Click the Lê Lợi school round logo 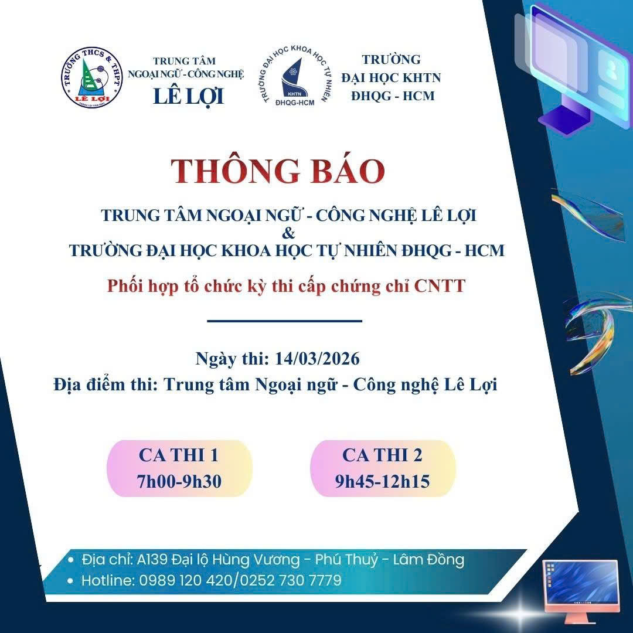point(92,77)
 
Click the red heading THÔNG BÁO point(277,171)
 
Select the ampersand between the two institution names point(288,233)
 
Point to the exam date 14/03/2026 point(317,359)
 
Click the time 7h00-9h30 point(179,481)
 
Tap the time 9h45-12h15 point(382,481)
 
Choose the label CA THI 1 point(178,455)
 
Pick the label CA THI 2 point(382,455)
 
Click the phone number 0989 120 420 point(186,580)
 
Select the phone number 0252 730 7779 point(291,580)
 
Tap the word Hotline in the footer point(107,580)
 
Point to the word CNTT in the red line point(440,286)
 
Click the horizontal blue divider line point(285,321)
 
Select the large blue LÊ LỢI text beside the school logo point(189,97)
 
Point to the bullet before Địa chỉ point(71,560)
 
